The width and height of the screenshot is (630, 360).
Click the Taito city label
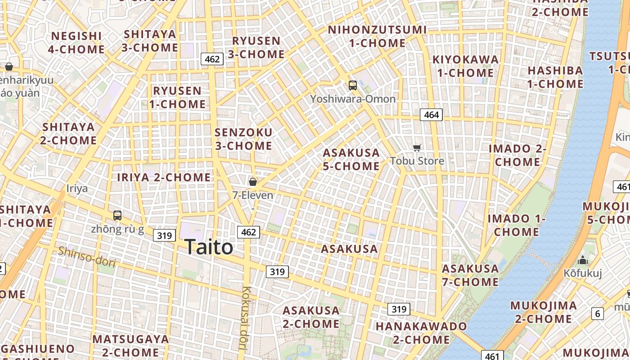[x=209, y=247]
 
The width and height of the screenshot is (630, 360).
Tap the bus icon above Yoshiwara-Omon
[x=353, y=85]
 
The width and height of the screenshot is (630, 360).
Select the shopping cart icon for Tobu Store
[x=417, y=148]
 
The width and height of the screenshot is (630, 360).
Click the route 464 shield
[x=431, y=115]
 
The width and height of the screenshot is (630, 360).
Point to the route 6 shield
[x=598, y=314]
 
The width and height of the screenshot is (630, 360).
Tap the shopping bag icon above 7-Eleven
[x=253, y=182]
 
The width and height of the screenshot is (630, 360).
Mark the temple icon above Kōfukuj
[x=583, y=261]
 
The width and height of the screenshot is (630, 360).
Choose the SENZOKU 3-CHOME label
[x=243, y=139]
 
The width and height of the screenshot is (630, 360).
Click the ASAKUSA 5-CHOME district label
[x=351, y=159]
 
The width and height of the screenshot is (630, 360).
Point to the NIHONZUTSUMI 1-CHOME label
[x=377, y=36]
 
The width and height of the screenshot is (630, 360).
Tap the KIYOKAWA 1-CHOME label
[x=465, y=66]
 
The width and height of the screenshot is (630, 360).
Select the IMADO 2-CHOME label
[x=517, y=155]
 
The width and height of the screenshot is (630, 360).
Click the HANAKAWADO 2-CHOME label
[x=421, y=333]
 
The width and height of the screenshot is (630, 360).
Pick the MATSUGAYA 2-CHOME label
[x=130, y=345]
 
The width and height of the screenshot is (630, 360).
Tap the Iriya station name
[x=77, y=188]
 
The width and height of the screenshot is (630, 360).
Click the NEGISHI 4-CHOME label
[x=76, y=43]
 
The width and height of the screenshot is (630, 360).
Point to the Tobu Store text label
[x=417, y=161]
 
